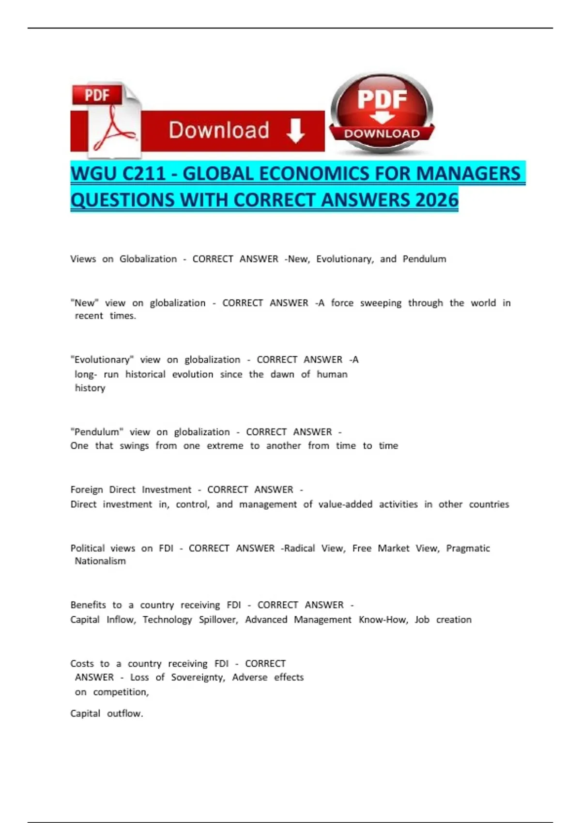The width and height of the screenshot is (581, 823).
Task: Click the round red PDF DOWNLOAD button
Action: coord(382,113)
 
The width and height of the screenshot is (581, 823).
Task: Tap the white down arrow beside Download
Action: coord(295,131)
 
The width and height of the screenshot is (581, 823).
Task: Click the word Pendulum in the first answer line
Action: coord(424,259)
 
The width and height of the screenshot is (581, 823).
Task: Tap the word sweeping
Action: coord(381,303)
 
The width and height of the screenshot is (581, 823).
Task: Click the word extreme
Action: coord(225,446)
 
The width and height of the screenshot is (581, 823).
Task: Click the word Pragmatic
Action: coord(468,549)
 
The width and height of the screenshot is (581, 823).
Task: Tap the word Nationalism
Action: coord(100,561)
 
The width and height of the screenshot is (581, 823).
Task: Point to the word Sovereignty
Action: coord(198,677)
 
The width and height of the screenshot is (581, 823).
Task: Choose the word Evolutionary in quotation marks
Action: coord(102,360)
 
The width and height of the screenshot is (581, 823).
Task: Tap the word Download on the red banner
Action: coord(219,131)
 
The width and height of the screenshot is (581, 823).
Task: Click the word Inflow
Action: coord(121,620)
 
